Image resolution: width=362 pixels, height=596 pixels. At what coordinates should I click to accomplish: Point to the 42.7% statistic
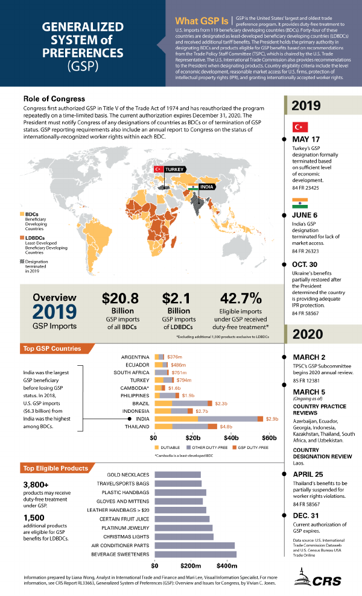241,298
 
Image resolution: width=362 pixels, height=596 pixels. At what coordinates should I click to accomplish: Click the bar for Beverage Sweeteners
195,554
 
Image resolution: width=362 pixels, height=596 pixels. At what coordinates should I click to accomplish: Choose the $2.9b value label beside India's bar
272,418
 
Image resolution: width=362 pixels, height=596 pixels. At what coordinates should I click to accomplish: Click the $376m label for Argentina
176,357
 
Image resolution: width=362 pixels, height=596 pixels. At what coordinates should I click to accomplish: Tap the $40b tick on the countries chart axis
231,438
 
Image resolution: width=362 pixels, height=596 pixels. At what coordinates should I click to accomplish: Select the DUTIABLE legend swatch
159,448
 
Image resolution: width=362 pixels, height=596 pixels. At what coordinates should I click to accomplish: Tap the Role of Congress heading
54,98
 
